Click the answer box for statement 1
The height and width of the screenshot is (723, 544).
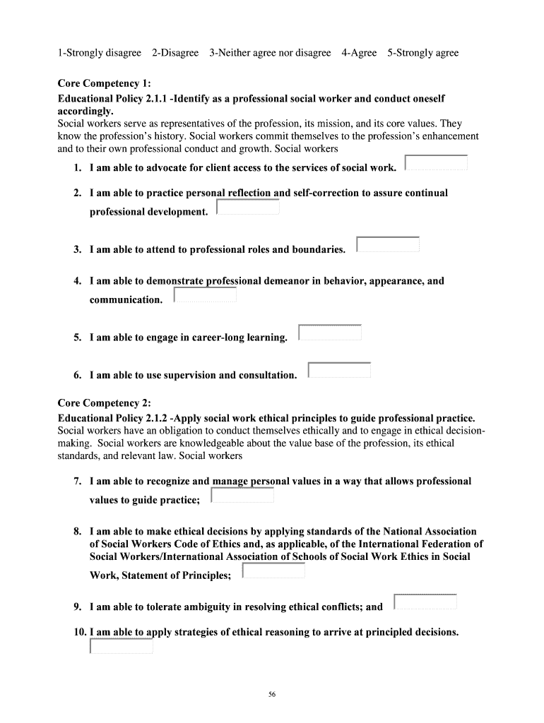click(436, 163)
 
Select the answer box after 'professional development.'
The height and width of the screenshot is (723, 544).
click(248, 207)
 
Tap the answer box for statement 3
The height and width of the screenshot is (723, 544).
click(388, 244)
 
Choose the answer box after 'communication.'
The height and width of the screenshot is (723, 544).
click(205, 295)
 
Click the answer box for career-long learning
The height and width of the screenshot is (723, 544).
click(330, 333)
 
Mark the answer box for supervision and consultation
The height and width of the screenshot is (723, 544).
click(340, 370)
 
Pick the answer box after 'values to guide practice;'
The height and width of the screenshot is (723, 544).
click(242, 495)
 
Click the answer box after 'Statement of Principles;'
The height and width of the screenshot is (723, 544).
click(273, 570)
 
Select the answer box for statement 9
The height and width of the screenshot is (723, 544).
click(425, 602)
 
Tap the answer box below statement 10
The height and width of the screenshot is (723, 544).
click(122, 646)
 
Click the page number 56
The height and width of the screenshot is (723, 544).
click(272, 695)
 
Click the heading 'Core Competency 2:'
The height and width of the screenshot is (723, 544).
click(104, 403)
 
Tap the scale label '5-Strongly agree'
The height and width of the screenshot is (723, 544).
click(422, 53)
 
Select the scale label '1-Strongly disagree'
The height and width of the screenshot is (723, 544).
click(100, 53)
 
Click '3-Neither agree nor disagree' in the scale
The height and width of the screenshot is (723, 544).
click(270, 53)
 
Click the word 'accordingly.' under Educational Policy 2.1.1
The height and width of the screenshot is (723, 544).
click(85, 112)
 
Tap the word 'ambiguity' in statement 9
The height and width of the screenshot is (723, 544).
click(210, 607)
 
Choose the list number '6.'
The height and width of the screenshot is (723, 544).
click(78, 375)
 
